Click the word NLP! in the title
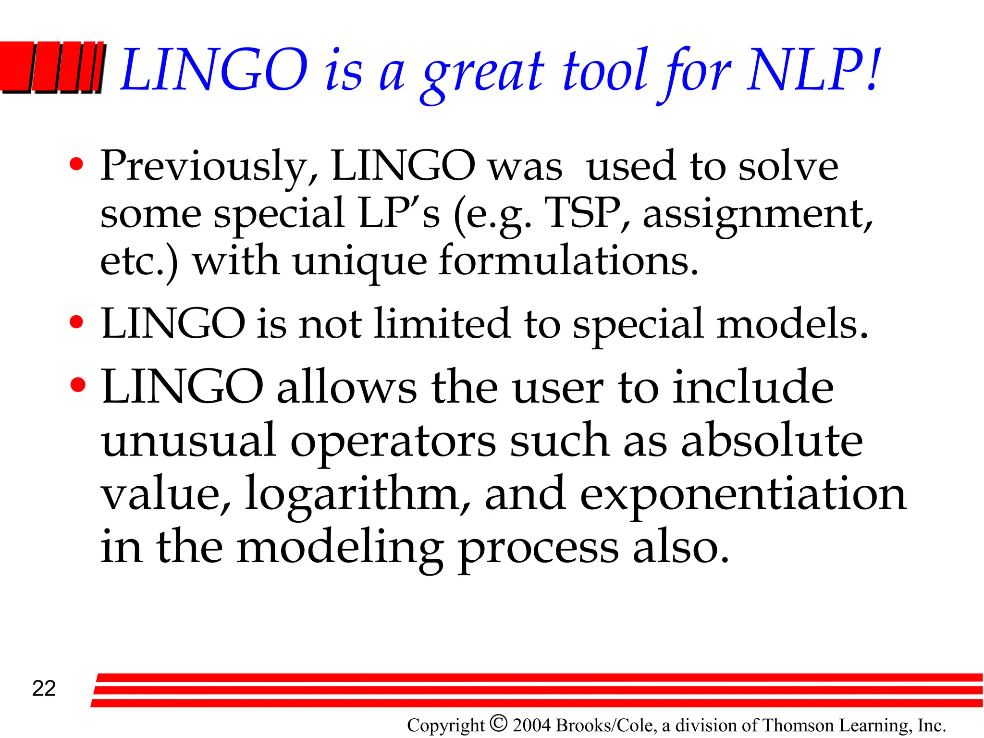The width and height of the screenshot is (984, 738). [814, 71]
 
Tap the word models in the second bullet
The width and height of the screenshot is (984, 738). [792, 324]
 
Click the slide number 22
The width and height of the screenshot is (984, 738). [44, 689]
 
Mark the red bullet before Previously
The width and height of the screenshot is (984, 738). [76, 164]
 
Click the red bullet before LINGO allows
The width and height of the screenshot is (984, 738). [77, 384]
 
